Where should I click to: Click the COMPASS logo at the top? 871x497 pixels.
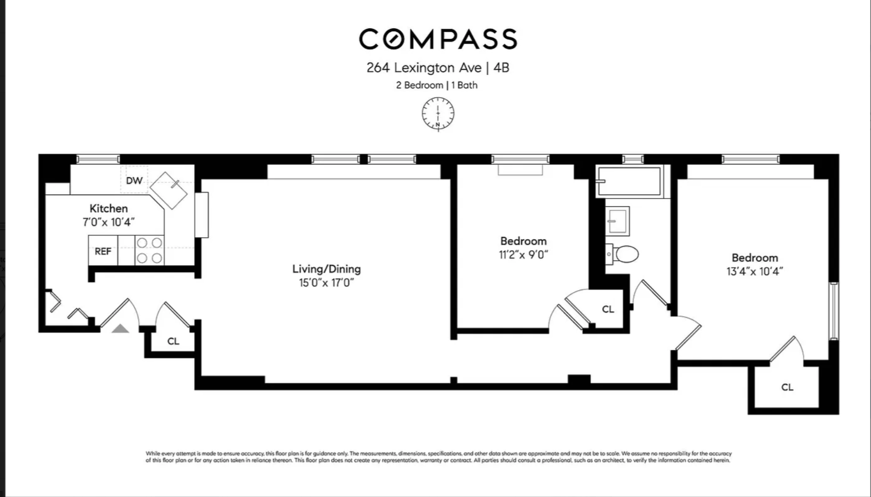tap(438, 39)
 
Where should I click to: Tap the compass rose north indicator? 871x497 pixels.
tap(438, 114)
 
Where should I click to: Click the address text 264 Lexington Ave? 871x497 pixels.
tap(424, 68)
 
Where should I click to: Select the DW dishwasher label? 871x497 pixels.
tap(134, 180)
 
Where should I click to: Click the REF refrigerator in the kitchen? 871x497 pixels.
tap(103, 251)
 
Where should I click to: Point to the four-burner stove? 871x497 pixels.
tap(149, 250)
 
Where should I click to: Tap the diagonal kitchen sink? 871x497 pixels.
tap(169, 190)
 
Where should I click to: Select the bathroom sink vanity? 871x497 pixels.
tap(617, 221)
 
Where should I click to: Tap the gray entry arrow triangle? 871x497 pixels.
tap(120, 328)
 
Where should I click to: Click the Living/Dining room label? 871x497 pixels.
tap(326, 269)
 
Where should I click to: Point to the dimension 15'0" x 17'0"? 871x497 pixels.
tap(326, 283)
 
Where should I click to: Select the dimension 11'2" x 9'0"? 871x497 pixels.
tap(523, 255)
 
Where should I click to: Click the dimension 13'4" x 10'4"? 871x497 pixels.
tap(754, 272)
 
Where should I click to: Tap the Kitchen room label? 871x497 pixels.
tap(108, 208)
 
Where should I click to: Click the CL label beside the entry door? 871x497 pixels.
tap(173, 341)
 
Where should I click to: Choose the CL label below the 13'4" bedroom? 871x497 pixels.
tap(787, 387)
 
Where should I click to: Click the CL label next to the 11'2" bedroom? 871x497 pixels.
tap(607, 309)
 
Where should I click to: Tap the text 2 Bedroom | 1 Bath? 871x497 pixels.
tap(436, 85)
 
